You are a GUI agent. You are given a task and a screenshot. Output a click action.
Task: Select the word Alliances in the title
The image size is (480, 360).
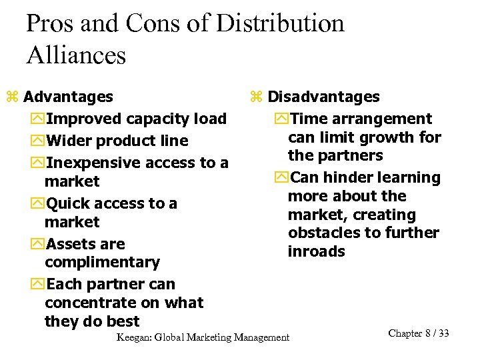click(76, 55)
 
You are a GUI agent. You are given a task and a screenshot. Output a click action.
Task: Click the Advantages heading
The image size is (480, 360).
click(68, 97)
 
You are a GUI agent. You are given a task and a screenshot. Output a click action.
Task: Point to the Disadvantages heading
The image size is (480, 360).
click(324, 97)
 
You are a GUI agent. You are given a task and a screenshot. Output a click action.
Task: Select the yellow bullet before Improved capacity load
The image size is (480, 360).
click(37, 119)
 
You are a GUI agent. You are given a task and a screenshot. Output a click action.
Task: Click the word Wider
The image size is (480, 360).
click(69, 141)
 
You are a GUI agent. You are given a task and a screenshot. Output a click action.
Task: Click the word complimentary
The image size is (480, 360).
click(102, 263)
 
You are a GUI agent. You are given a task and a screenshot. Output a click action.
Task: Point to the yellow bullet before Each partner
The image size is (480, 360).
click(37, 285)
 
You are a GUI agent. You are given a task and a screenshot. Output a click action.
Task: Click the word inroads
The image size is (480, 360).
click(317, 251)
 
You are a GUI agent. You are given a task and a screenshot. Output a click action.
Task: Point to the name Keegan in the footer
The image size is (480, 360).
click(133, 337)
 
